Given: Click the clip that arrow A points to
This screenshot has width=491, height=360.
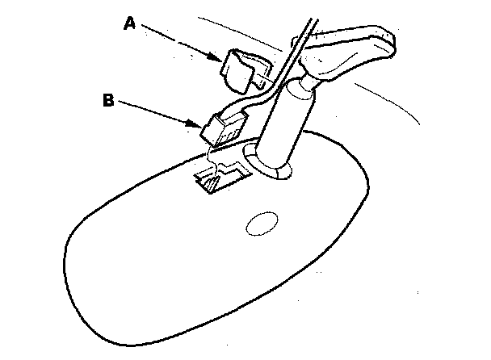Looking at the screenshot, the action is tap(239, 69).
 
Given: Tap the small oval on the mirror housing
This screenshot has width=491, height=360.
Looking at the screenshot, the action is tap(261, 224).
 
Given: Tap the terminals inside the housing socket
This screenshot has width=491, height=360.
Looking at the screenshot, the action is tap(212, 185).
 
